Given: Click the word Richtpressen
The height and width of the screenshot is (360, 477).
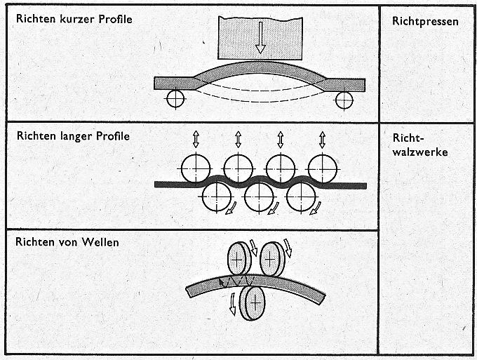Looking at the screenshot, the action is [x=425, y=21].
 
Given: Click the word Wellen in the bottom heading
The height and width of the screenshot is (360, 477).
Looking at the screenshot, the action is [x=101, y=242].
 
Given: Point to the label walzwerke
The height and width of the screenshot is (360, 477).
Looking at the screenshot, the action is [x=419, y=152].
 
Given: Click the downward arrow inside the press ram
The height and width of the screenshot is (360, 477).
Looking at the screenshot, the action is [x=260, y=38].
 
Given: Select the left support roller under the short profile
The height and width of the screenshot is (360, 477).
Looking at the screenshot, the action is [x=175, y=99].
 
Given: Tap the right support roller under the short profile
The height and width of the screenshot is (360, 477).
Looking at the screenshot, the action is [x=344, y=100].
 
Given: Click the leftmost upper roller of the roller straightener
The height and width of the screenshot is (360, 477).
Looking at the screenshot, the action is [x=196, y=168].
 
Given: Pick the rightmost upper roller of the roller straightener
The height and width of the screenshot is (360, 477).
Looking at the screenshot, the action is [x=323, y=168].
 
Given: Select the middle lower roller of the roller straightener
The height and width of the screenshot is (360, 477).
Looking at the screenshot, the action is [x=259, y=196].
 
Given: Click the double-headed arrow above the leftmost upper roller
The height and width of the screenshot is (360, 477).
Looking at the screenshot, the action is [x=196, y=140].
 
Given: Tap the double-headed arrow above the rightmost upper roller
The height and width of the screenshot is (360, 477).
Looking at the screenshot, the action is [x=323, y=140].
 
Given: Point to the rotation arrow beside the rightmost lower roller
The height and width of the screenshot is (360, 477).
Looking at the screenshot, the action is [x=316, y=208].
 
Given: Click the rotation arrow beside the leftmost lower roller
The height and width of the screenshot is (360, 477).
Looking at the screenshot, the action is [x=231, y=208].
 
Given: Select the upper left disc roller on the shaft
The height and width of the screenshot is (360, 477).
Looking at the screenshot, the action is [x=239, y=259].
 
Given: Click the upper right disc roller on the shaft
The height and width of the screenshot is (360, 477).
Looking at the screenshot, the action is [x=272, y=259].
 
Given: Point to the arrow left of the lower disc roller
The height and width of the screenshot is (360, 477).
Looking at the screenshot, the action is [x=233, y=304].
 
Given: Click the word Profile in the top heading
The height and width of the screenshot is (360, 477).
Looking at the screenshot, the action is [x=115, y=19].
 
